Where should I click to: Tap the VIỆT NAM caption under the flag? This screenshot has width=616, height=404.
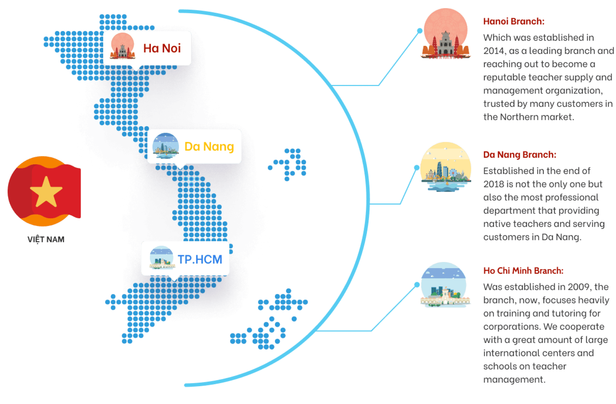pyautogui.click(x=46, y=239)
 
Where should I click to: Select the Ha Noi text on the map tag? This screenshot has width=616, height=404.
pyautogui.click(x=162, y=48)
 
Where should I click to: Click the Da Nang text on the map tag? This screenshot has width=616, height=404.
pyautogui.click(x=209, y=147)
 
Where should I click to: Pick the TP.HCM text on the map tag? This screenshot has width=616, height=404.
pyautogui.click(x=200, y=259)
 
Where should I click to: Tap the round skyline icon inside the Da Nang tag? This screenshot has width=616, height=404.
pyautogui.click(x=165, y=146)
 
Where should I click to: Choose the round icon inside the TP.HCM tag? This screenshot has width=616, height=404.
pyautogui.click(x=162, y=258)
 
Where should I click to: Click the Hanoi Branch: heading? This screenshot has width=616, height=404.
pyautogui.click(x=514, y=21)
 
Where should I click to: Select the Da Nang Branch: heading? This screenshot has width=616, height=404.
pyautogui.click(x=520, y=155)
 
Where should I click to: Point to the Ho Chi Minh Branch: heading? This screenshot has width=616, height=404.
pyautogui.click(x=523, y=271)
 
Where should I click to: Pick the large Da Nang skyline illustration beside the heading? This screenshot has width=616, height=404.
pyautogui.click(x=445, y=167)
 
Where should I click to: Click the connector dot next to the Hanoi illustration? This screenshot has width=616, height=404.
pyautogui.click(x=420, y=30)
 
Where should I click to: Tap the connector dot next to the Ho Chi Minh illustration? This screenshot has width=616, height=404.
pyautogui.click(x=417, y=284)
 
